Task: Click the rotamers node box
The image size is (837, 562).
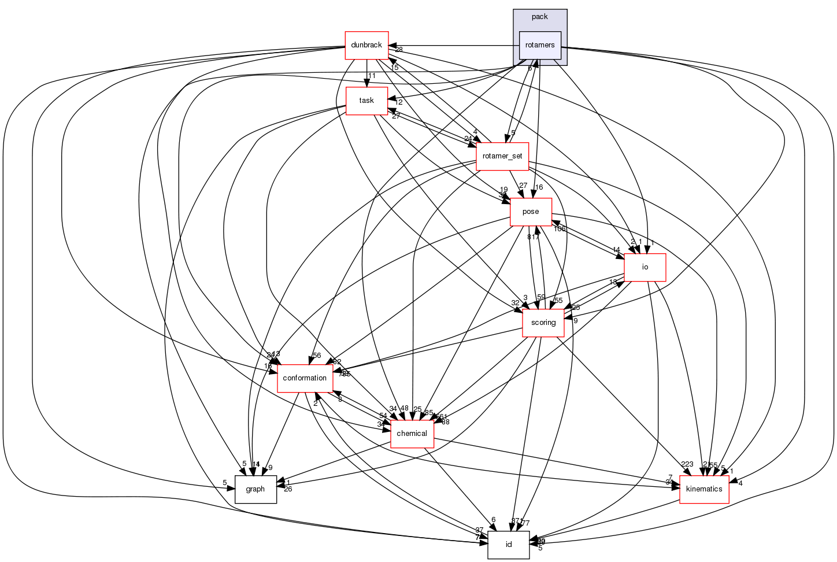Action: click(540, 45)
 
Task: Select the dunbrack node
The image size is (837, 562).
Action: click(366, 45)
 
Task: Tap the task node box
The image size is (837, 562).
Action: click(366, 101)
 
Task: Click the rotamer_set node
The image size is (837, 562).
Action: click(502, 156)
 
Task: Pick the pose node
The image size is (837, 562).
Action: click(531, 212)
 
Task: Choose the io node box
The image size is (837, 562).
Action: click(645, 267)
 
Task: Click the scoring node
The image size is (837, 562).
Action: click(543, 323)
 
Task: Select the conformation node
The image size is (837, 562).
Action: click(305, 378)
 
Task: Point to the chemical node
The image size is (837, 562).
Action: click(412, 434)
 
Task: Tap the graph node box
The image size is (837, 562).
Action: click(255, 489)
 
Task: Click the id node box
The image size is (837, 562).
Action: click(508, 545)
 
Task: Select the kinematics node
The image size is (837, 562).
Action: click(703, 489)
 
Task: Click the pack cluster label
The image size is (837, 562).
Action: click(539, 17)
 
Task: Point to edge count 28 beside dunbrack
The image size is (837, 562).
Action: click(399, 50)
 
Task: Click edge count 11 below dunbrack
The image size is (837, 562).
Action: click(372, 76)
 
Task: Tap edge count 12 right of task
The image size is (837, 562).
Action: click(398, 102)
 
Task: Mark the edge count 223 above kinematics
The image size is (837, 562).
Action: click(687, 464)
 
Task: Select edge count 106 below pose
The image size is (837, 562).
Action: click(559, 229)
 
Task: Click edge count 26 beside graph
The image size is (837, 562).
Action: click(288, 489)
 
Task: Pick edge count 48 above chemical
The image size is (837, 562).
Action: click(404, 409)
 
